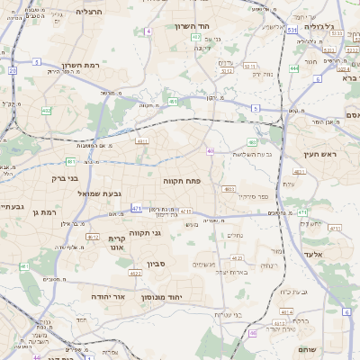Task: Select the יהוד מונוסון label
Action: point(187,296)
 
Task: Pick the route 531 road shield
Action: point(292,30)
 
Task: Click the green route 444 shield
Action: point(294,68)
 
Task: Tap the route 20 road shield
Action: point(13,70)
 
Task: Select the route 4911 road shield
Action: point(141,141)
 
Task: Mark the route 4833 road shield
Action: point(229,189)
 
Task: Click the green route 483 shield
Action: point(253,142)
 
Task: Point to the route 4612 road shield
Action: point(92,237)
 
